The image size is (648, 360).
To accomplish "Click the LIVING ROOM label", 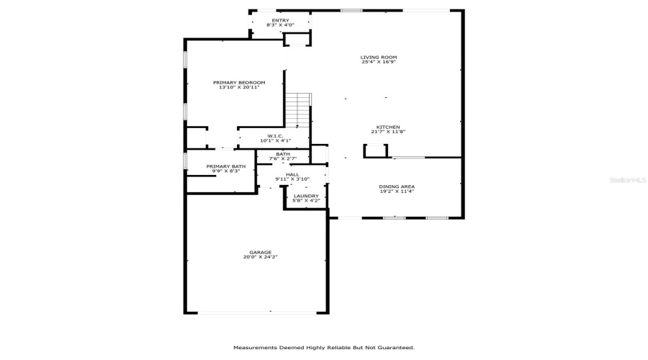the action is click(379, 58).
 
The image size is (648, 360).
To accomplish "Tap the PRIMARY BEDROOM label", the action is click(239, 83).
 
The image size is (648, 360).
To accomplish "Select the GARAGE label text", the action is click(261, 252).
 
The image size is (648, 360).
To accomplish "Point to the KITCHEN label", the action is click(388, 127).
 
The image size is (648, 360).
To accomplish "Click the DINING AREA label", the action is click(397, 186).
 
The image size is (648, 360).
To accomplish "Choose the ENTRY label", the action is click(281, 21).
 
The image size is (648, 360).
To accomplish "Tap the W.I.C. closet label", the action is click(275, 136).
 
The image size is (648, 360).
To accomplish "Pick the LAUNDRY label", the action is click(306, 196).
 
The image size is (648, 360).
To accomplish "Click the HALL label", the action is click(292, 174).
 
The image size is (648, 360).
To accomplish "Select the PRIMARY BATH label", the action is click(226, 166).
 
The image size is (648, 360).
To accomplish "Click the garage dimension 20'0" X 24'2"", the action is click(261, 256).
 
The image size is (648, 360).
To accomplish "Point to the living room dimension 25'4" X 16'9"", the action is click(379, 62).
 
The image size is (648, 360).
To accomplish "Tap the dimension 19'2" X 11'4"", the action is click(397, 192).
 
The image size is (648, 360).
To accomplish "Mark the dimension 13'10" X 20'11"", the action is click(239, 87).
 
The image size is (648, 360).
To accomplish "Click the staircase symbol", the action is click(297, 110).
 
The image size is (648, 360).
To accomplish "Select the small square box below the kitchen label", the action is click(375, 151).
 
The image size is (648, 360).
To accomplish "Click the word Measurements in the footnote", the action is click(255, 348).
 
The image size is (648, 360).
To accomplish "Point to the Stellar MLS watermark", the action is click(628, 180).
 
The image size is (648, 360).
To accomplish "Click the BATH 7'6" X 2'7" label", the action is click(283, 156).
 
